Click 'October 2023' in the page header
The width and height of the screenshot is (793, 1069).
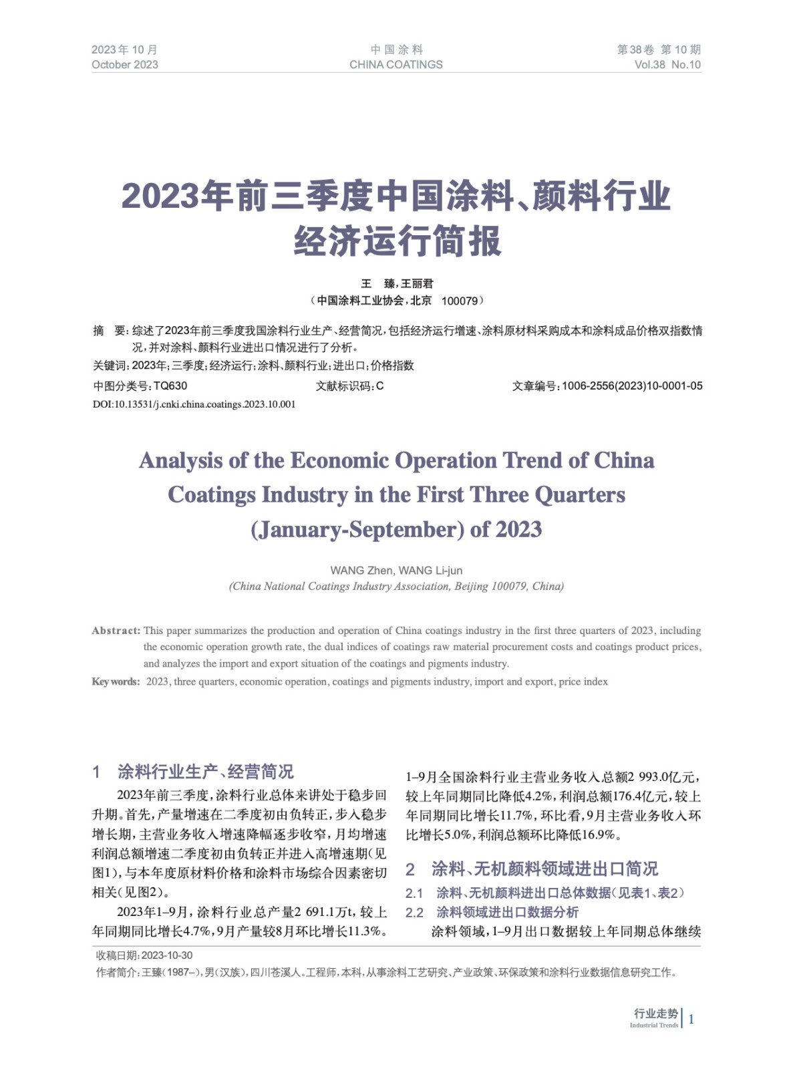tap(125, 65)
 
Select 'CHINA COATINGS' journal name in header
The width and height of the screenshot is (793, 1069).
tap(395, 65)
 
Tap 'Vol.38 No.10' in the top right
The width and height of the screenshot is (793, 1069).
tap(667, 65)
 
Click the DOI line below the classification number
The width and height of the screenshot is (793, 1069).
tap(194, 404)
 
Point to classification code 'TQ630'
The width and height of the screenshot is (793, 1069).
tap(170, 386)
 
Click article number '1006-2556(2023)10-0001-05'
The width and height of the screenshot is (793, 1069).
tap(632, 386)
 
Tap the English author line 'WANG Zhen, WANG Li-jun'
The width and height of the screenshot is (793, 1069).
tap(396, 571)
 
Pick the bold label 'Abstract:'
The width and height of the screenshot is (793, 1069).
tap(116, 631)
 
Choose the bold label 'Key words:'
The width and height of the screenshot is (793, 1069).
tap(116, 682)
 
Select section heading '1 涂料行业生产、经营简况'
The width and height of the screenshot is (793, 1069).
tap(193, 772)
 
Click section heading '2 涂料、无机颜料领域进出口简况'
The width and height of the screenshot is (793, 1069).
tap(532, 869)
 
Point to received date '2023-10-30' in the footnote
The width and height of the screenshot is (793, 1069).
tap(167, 955)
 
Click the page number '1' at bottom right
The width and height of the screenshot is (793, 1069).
tap(691, 1019)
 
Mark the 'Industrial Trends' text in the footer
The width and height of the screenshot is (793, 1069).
tap(653, 1025)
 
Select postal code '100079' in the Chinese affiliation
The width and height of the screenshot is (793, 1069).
tap(460, 301)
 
